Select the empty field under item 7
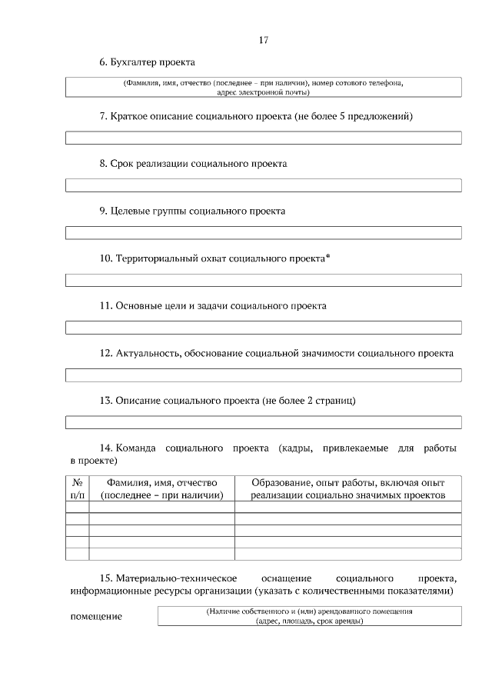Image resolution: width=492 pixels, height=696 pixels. point(263,138)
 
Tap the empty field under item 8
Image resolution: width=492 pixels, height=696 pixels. point(263,185)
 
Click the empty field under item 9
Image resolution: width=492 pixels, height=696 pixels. point(263,232)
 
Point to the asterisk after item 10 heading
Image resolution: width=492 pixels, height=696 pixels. point(328,256)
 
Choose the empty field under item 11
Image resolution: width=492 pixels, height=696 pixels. point(263,328)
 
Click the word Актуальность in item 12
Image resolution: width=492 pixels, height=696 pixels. point(148,353)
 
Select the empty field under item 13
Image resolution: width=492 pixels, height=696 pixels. point(263,422)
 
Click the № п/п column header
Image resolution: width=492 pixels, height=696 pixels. point(77,488)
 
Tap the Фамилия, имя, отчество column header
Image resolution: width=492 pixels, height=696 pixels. point(161,488)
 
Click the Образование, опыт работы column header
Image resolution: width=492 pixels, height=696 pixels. point(347,488)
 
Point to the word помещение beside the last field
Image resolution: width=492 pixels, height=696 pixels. point(96,617)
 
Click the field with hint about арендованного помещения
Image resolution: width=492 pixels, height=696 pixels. point(309,616)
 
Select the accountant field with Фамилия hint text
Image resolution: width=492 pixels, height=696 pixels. point(263,86)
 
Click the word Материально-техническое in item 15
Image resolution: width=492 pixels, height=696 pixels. point(176,577)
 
